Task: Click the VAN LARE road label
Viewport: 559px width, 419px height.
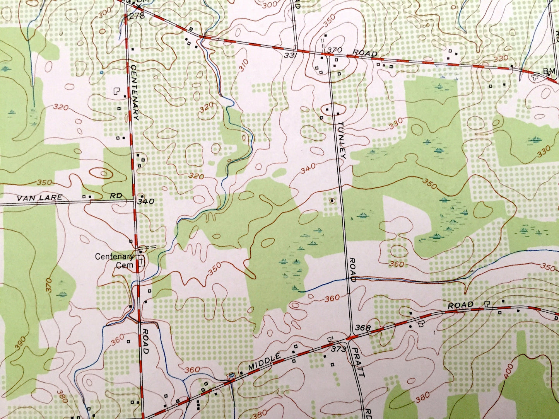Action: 39,198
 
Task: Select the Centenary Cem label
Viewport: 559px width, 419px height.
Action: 115,261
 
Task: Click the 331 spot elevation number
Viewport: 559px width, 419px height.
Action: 291,55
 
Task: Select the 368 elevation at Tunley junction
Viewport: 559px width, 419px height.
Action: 363,328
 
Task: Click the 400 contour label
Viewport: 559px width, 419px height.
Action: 508,371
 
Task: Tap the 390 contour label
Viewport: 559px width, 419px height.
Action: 21,343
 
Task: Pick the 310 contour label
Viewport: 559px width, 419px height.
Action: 243,66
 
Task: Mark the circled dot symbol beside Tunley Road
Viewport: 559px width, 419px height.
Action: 332,201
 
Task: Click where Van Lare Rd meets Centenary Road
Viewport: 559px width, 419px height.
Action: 134,201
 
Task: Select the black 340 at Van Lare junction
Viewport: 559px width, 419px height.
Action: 146,201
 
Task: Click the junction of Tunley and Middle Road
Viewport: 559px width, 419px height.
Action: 351,337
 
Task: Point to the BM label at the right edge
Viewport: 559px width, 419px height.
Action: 549,71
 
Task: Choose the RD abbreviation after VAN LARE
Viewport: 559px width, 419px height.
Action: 116,196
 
